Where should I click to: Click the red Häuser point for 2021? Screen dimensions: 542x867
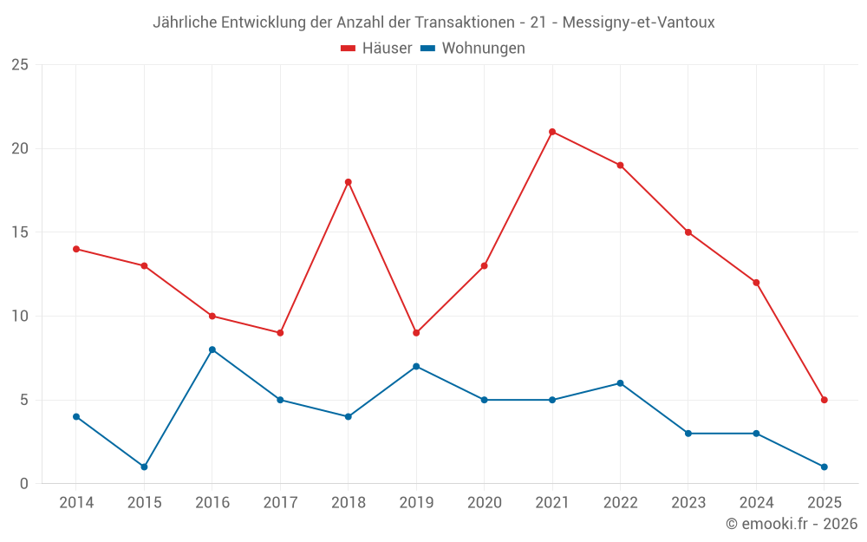552,132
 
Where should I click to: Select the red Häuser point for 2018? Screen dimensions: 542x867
348,182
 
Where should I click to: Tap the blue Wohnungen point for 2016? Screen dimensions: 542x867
212,349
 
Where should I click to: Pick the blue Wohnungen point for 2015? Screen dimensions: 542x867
144,467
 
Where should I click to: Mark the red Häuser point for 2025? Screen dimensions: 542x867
824,400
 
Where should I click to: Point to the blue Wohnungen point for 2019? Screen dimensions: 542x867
416,366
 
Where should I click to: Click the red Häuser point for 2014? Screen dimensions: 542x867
76,249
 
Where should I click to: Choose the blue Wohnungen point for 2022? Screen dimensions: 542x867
620,383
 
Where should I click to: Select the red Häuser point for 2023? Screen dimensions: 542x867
688,232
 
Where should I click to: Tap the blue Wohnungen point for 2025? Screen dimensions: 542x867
824,467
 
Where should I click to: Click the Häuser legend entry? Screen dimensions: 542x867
376,49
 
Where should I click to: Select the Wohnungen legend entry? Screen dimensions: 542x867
473,49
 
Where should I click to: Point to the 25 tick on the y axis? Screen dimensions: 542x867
20,65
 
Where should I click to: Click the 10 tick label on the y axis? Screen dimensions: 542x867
20,317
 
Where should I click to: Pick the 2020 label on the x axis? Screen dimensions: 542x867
484,503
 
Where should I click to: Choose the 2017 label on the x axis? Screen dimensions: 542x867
280,503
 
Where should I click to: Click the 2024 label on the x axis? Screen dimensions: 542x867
756,503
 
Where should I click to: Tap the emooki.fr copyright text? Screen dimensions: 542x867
791,524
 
